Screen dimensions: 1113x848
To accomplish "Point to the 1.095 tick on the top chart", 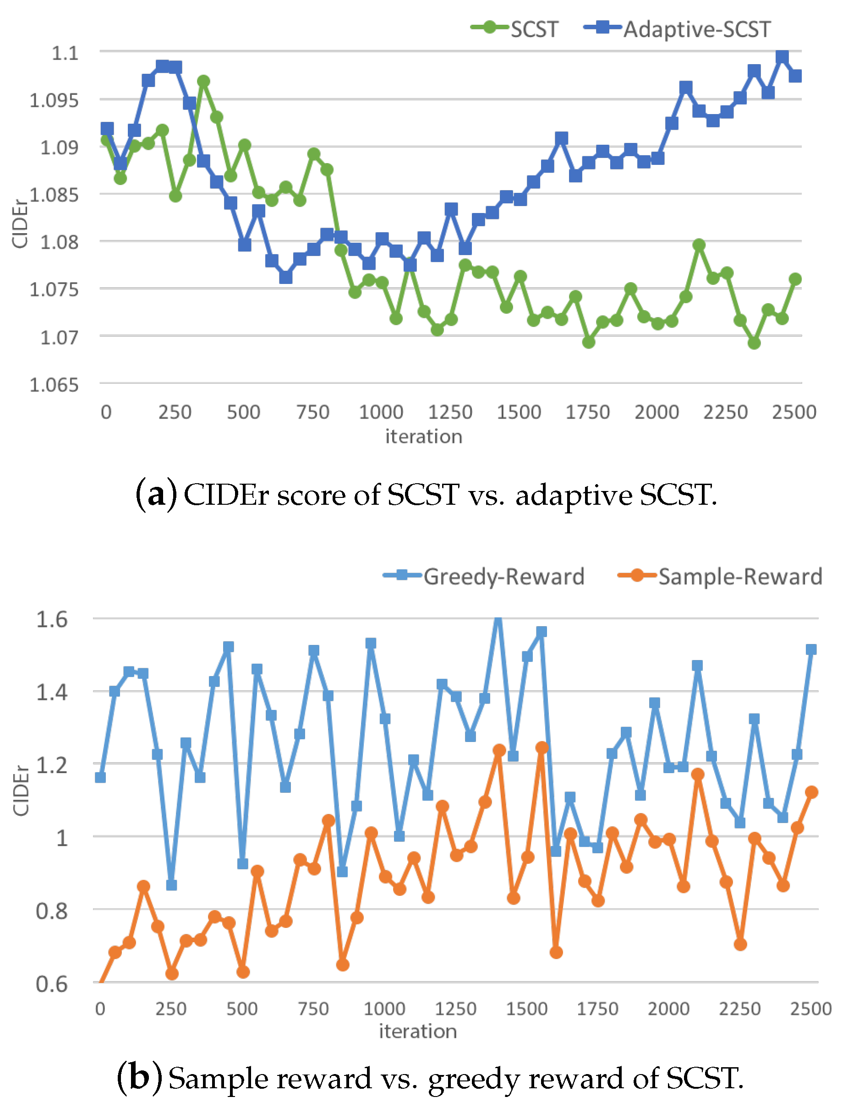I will click(x=55, y=100).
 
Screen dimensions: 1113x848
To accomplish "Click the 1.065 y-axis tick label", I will click(x=55, y=385).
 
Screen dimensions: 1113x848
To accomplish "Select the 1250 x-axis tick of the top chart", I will click(x=450, y=412).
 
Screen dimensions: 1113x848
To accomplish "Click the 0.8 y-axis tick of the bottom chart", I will click(x=51, y=911).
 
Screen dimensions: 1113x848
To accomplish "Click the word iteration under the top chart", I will click(x=423, y=436).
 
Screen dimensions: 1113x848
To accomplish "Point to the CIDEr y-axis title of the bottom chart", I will click(x=21, y=791).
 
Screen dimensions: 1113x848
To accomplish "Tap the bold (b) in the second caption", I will click(x=140, y=1078).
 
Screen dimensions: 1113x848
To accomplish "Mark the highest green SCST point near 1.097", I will click(x=203, y=81).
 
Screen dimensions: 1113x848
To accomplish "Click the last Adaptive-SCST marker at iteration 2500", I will click(x=795, y=76).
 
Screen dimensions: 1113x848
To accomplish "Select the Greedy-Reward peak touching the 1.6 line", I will click(x=498, y=618).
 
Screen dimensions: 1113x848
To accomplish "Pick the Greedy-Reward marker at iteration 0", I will click(x=100, y=777).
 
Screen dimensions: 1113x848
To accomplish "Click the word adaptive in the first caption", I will click(x=574, y=495).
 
